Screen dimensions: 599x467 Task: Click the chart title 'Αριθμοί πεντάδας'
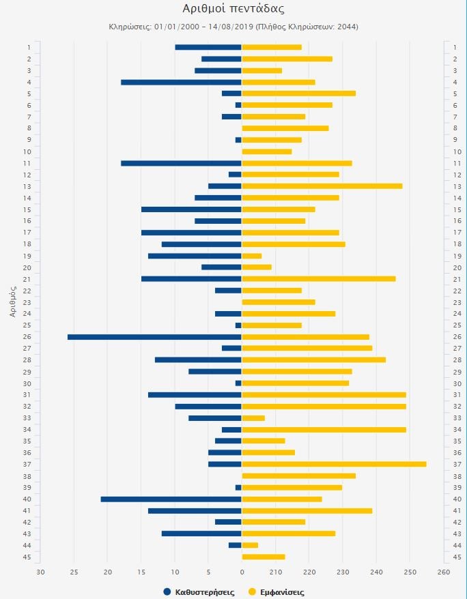[x=233, y=9]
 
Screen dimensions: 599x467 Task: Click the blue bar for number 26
[x=154, y=337]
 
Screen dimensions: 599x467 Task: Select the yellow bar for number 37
[x=334, y=464]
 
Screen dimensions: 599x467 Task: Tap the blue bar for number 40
[x=171, y=499]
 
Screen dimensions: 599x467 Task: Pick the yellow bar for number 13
[x=322, y=186]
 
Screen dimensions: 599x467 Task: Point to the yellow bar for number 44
[x=250, y=545]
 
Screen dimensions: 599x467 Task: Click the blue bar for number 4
[x=181, y=82]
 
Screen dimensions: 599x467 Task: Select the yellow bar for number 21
[x=318, y=278]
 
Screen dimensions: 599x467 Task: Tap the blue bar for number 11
[x=181, y=163]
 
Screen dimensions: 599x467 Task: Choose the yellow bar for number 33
[x=253, y=418]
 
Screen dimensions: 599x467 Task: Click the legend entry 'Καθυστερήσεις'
[x=199, y=592]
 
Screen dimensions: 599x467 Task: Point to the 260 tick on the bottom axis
[x=443, y=572]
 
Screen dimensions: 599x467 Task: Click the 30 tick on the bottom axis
[x=40, y=572]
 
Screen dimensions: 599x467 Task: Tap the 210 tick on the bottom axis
[x=275, y=572]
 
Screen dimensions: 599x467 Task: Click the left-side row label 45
[x=28, y=557]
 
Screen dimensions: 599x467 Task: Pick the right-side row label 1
[x=455, y=47]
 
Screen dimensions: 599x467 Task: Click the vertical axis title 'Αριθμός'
[x=13, y=302]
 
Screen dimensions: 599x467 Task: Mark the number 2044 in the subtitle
[x=347, y=27]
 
